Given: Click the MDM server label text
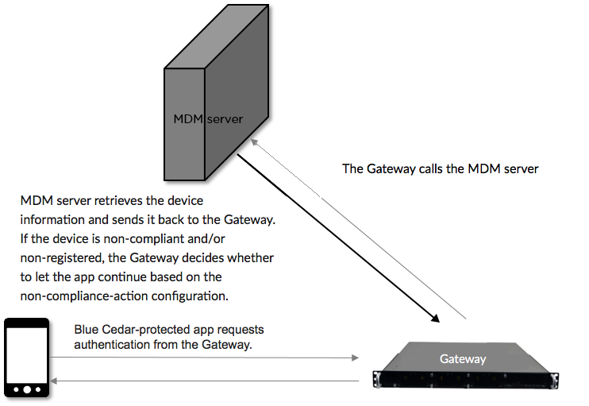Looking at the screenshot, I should [x=208, y=119].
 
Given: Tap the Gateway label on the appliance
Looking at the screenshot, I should [x=463, y=359].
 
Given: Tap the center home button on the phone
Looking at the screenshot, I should [x=27, y=389].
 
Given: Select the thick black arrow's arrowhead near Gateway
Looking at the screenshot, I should [x=437, y=319].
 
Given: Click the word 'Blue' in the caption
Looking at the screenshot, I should [x=87, y=329].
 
